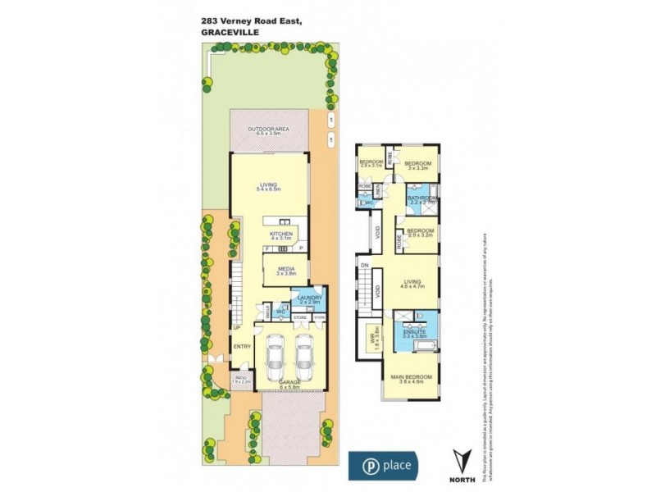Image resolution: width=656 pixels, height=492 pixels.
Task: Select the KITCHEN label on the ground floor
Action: [281, 234]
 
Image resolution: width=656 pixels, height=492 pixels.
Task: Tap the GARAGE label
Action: [289, 384]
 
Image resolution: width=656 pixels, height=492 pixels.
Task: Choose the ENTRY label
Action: [242, 347]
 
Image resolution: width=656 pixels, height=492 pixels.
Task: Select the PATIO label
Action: [217, 377]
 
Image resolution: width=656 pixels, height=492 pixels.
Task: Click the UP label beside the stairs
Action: [235, 328]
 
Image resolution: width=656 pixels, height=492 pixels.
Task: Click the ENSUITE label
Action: [414, 331]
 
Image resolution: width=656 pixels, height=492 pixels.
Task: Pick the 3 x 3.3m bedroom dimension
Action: [419, 167]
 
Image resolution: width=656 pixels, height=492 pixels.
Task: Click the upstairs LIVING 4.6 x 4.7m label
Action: [415, 283]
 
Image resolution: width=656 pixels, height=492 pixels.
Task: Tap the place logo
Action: [385, 465]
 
